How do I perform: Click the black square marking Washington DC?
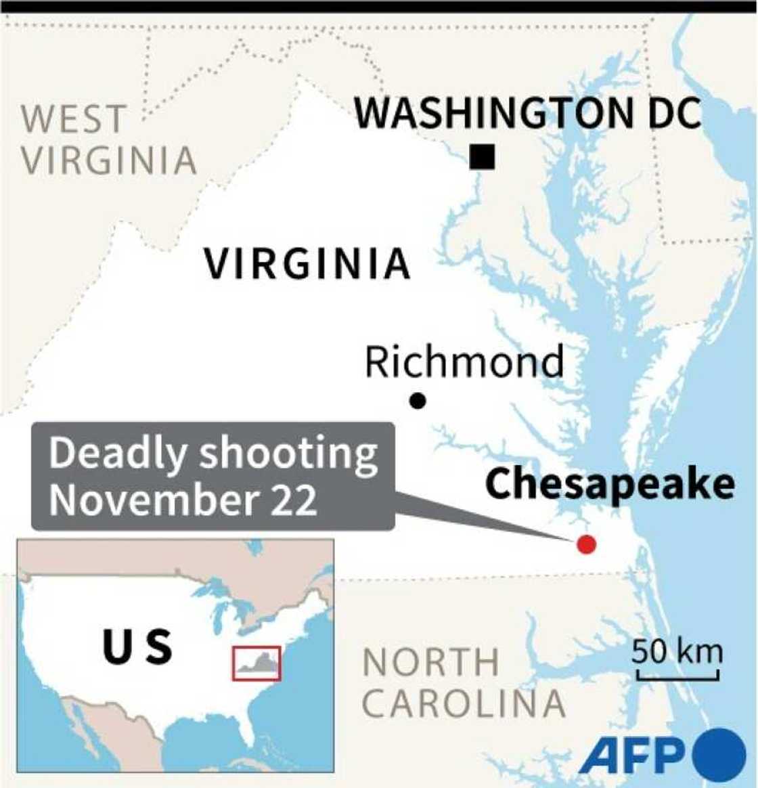[x=483, y=157]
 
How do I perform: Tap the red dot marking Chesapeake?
[x=586, y=544]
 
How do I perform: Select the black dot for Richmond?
[x=418, y=401]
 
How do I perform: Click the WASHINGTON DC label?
[x=528, y=113]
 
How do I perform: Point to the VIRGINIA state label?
[x=307, y=263]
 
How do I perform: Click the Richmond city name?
[x=464, y=362]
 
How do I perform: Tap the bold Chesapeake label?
[x=610, y=485]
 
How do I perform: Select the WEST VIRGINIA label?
[x=108, y=139]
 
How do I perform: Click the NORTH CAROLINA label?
[x=464, y=682]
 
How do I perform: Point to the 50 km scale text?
[x=677, y=652]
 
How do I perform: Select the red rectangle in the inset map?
[x=257, y=663]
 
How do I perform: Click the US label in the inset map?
[x=137, y=646]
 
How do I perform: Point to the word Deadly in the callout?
[x=116, y=454]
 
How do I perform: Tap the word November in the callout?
[x=152, y=500]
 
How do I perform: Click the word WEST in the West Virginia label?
[x=73, y=118]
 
